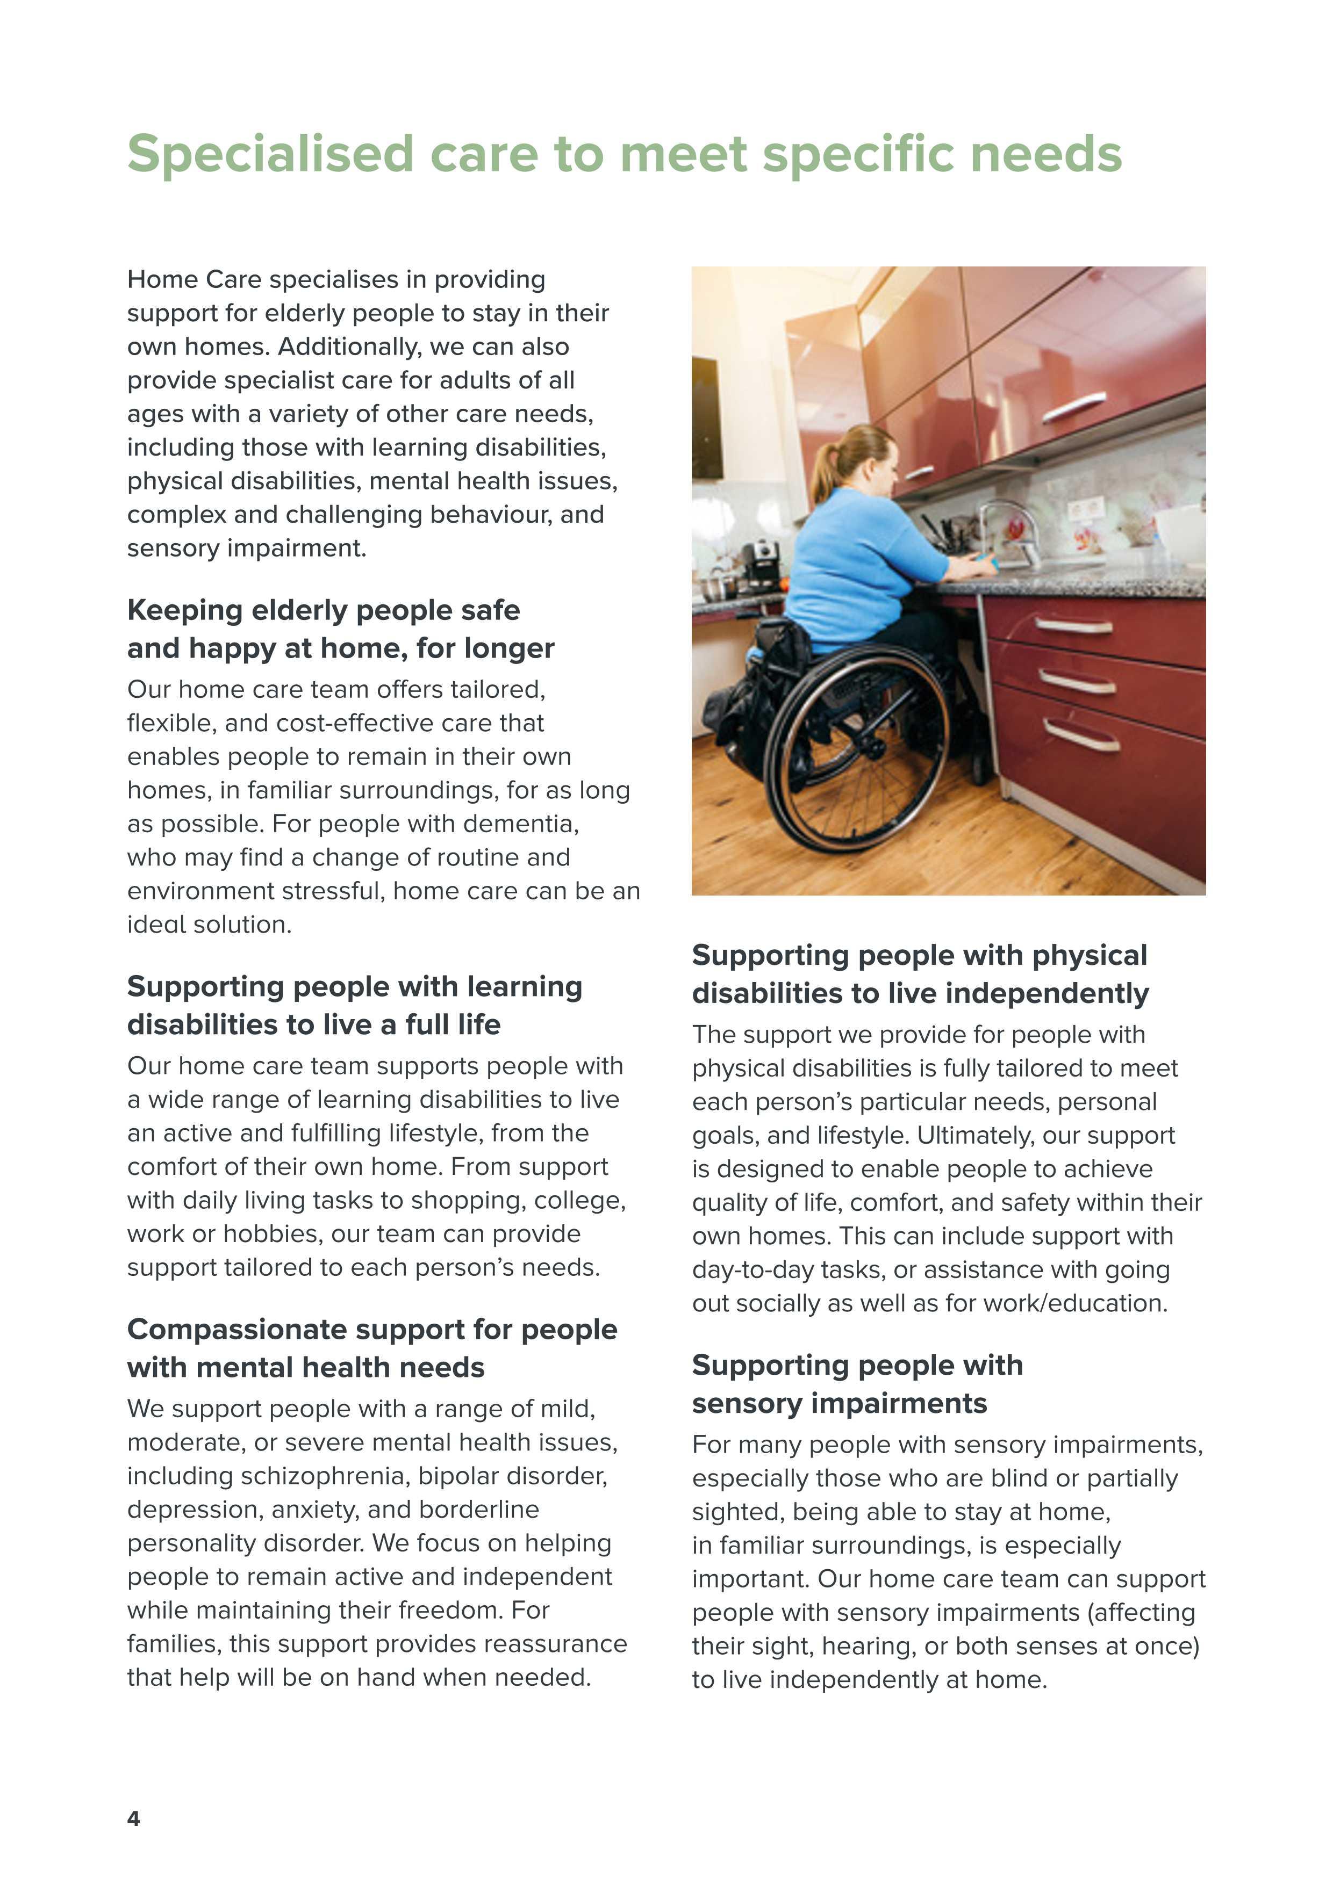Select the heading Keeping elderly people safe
[324, 610]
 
